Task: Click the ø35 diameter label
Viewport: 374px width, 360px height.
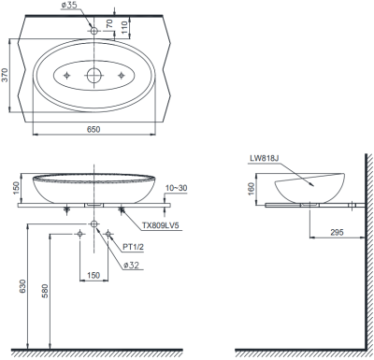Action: pyautogui.click(x=69, y=6)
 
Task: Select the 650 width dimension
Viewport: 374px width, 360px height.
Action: pyautogui.click(x=93, y=129)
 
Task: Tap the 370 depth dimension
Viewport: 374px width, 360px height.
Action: pyautogui.click(x=5, y=75)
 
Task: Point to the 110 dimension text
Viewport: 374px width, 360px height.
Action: pyautogui.click(x=124, y=27)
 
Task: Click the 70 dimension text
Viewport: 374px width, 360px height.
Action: pyautogui.click(x=109, y=23)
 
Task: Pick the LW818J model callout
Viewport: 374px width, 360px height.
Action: pyautogui.click(x=264, y=158)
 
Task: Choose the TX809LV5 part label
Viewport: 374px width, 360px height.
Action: pyautogui.click(x=161, y=225)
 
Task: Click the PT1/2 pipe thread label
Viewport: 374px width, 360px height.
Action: pyautogui.click(x=133, y=247)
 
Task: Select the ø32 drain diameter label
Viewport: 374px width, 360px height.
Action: pyautogui.click(x=131, y=266)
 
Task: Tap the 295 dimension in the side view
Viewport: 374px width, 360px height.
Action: pyautogui.click(x=337, y=232)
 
